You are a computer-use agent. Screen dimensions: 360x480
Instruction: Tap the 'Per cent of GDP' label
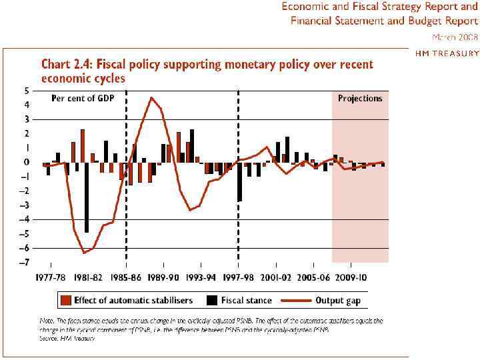tap(83, 99)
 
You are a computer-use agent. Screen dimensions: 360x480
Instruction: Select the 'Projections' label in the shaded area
tap(360, 99)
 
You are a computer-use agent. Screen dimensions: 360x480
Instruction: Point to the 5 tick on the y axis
tap(26, 91)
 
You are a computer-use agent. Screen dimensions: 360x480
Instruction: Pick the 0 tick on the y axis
tap(26, 162)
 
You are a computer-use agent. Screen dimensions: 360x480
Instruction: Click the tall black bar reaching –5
tap(87, 197)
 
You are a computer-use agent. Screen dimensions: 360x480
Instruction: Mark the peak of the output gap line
tap(151, 98)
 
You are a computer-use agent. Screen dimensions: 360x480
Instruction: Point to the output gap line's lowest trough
tap(84, 253)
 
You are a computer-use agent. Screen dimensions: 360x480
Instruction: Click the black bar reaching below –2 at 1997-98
tap(239, 181)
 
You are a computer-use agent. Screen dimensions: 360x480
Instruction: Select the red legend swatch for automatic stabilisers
tap(65, 301)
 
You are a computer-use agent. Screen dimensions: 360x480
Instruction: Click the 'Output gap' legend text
tap(339, 301)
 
